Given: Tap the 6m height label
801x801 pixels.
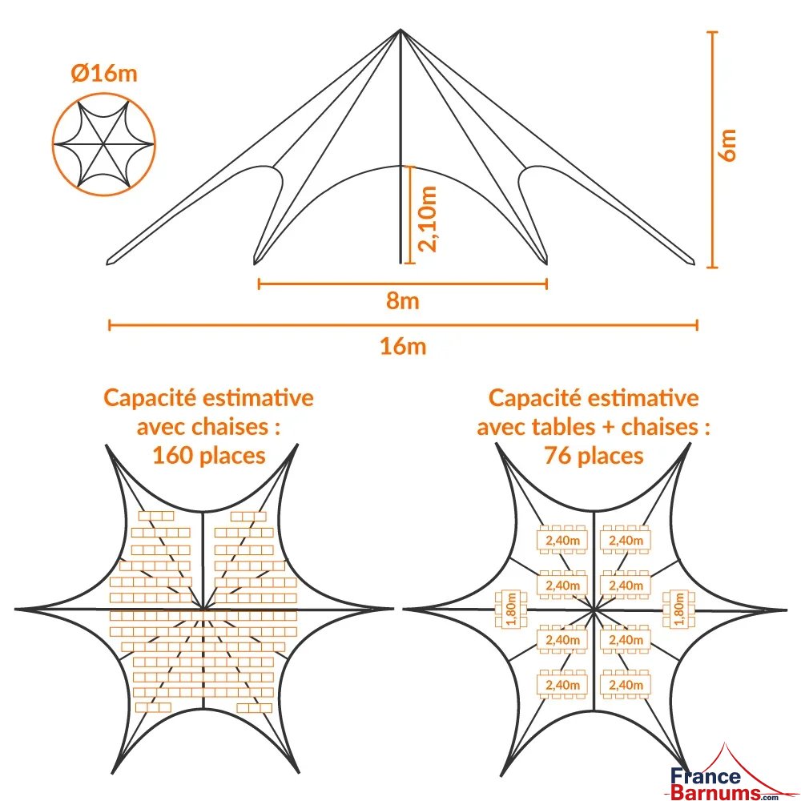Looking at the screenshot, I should pos(728,144).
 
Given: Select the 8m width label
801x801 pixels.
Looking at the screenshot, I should pos(402,301).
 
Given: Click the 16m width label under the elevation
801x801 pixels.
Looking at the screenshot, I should pos(402,346).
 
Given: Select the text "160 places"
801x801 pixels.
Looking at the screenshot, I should pos(208,456).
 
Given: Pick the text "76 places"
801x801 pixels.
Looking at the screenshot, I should pos(594,456).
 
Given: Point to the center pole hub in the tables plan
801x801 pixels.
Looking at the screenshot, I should pos(594,610).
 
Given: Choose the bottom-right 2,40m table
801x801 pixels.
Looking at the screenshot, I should pos(626,684).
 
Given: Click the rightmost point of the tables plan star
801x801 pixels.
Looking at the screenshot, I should pos(787,610).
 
